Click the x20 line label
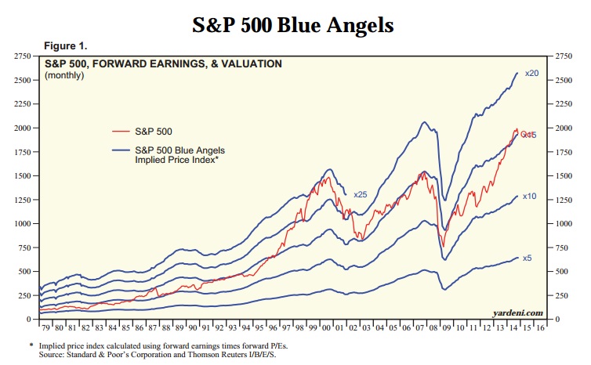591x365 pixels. [x=531, y=74]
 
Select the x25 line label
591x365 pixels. [x=361, y=194]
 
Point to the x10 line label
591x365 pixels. [x=529, y=196]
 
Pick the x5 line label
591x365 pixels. [x=528, y=258]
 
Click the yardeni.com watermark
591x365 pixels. [x=517, y=312]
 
